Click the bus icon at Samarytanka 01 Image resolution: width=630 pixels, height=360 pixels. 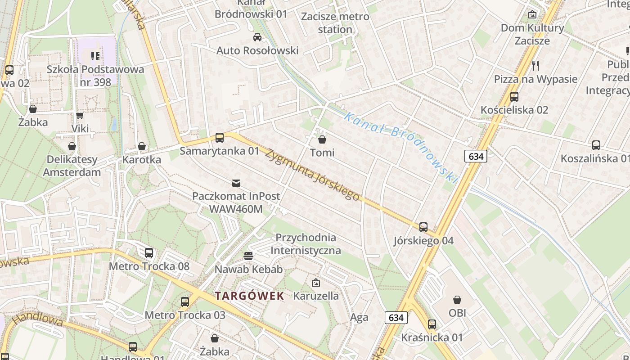coord(220,138)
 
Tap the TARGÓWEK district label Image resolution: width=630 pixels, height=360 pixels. coord(249,296)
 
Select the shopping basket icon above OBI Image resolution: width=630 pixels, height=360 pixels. coord(457,300)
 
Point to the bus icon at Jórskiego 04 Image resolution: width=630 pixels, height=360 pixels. coord(423,227)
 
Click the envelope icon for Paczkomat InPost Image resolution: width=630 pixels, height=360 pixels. coord(236,183)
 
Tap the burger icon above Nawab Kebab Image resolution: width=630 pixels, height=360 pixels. coord(248,256)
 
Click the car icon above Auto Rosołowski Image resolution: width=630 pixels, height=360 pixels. coord(257,37)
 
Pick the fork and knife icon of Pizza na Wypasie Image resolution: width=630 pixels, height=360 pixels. coord(535,66)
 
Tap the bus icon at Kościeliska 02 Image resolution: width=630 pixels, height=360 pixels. coord(514,96)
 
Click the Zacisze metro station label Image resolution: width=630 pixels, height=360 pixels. coord(335,23)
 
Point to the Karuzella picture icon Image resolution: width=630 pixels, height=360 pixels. coord(316,283)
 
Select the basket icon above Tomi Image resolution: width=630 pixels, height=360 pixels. coord(322,139)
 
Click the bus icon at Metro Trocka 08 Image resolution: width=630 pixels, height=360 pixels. coord(149,253)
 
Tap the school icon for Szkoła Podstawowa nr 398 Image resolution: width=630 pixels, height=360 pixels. coord(95,56)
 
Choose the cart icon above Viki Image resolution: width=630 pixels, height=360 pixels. coord(80,116)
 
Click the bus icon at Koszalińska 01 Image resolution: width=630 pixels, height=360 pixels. coord(596,145)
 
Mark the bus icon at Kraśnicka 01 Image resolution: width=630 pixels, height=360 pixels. coord(432,324)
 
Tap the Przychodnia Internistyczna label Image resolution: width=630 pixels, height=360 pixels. coord(306,244)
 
